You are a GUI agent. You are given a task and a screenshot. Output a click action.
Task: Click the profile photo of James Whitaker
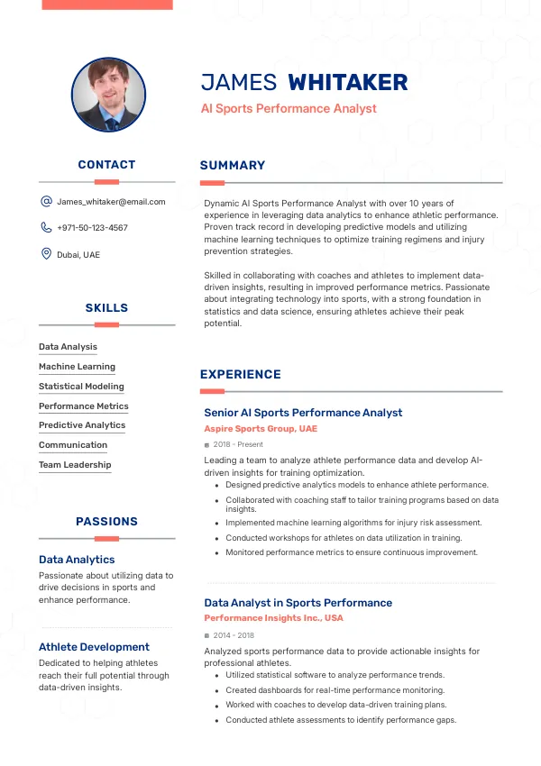pyautogui.click(x=108, y=96)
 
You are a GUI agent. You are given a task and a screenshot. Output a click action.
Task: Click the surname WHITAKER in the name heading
pyautogui.click(x=347, y=83)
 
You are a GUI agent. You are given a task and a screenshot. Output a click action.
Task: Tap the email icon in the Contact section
pyautogui.click(x=46, y=202)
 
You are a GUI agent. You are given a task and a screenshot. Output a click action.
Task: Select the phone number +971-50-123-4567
pyautogui.click(x=92, y=228)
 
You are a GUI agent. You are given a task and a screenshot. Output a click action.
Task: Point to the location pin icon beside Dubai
pyautogui.click(x=46, y=254)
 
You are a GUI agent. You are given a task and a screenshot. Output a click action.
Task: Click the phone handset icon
pyautogui.click(x=46, y=228)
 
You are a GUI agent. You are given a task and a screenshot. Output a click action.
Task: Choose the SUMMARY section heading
pyautogui.click(x=233, y=165)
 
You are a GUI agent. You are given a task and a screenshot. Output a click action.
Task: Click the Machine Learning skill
pyautogui.click(x=77, y=367)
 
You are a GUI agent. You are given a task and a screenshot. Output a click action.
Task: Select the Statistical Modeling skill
pyautogui.click(x=81, y=386)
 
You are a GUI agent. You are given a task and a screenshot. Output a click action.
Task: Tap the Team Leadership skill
pyautogui.click(x=75, y=465)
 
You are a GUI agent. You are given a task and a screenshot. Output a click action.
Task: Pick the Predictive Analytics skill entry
pyautogui.click(x=82, y=425)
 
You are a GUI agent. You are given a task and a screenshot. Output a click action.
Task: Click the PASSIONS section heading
pyautogui.click(x=106, y=521)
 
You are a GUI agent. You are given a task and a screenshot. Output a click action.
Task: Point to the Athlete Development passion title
pyautogui.click(x=94, y=646)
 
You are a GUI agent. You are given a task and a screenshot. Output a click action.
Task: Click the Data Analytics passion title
pyautogui.click(x=77, y=560)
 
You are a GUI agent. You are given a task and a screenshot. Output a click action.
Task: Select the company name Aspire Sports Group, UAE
pyautogui.click(x=261, y=429)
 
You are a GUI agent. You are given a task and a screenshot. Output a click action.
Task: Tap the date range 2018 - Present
pyautogui.click(x=238, y=445)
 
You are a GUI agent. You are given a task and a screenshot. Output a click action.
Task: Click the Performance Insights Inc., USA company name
pyautogui.click(x=273, y=618)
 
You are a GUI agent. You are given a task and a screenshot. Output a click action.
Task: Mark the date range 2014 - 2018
pyautogui.click(x=234, y=635)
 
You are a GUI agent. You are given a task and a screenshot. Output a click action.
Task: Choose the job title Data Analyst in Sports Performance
pyautogui.click(x=298, y=602)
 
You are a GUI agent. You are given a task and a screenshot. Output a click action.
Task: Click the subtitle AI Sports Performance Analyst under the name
pyautogui.click(x=289, y=108)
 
